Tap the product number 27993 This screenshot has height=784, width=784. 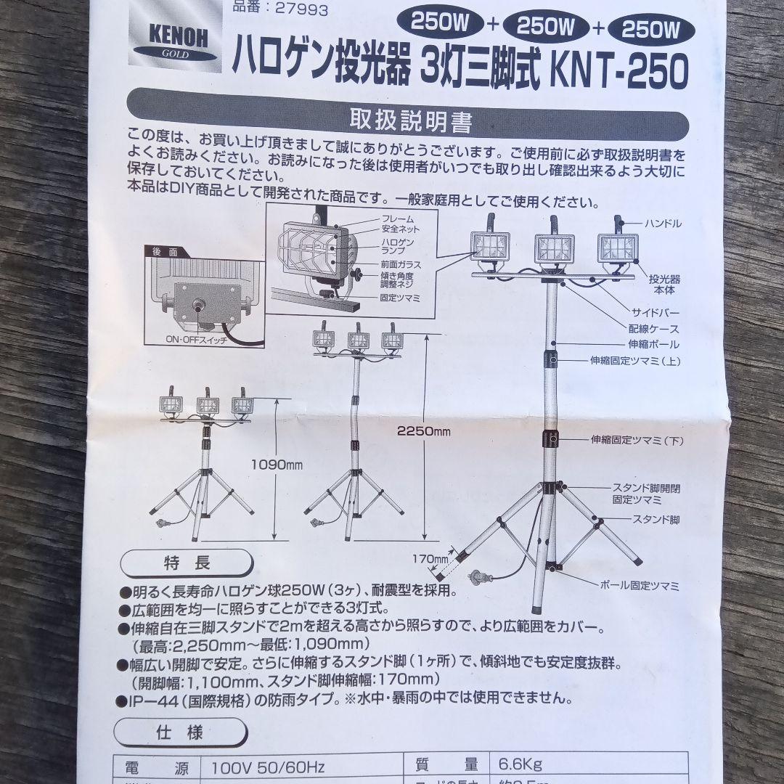coord(280,9)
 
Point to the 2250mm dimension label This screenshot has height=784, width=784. coord(423,430)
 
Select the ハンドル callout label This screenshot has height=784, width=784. coord(662,224)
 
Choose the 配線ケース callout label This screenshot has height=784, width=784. coord(654,328)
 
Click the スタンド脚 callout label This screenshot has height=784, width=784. coord(656,520)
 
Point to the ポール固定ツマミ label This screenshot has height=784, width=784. coord(640,585)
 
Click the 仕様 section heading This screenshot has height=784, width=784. coord(179,732)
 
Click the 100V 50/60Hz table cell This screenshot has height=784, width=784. coord(267,767)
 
